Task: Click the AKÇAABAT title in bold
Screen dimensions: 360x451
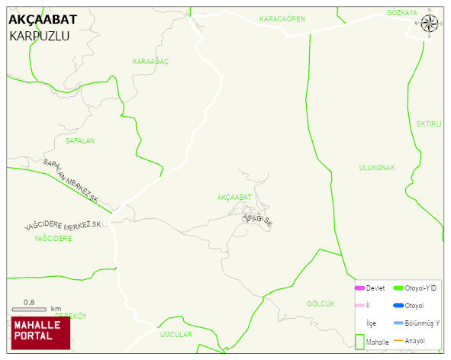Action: coord(42,20)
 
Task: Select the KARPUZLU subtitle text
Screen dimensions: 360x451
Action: coord(40,36)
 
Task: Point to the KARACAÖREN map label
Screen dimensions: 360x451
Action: coord(282,18)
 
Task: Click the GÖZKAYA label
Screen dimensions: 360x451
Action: coord(402,13)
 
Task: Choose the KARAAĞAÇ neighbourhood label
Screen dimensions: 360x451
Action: coord(150,61)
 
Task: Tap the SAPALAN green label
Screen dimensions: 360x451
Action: coord(80,141)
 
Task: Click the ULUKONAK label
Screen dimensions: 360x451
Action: coord(377,167)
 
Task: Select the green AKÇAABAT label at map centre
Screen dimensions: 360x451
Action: coord(234,197)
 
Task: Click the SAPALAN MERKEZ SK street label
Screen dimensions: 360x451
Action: coord(71,182)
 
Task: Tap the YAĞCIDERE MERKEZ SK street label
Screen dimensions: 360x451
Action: coord(63,226)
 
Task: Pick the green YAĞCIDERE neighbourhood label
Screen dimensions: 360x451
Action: coord(53,238)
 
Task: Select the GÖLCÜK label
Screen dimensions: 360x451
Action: coord(321,304)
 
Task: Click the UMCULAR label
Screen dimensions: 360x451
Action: coord(176,334)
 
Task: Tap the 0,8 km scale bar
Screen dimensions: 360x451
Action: coord(36,309)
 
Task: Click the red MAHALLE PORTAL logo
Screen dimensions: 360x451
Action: coord(40,331)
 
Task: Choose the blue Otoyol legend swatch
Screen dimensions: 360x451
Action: coord(398,305)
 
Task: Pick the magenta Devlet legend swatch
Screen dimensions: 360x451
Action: coord(359,288)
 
